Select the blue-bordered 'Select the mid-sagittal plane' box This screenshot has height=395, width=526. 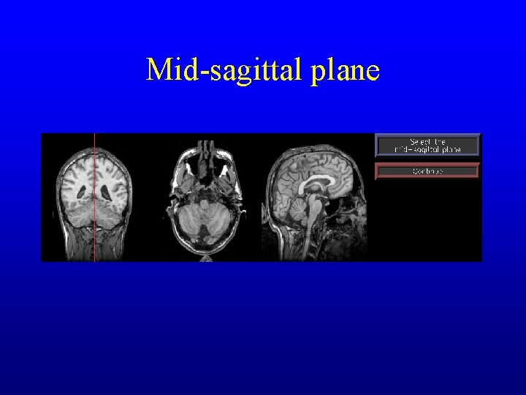coord(427,145)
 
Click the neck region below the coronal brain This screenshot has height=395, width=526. coord(94,249)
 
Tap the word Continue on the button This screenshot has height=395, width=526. coord(427,170)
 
